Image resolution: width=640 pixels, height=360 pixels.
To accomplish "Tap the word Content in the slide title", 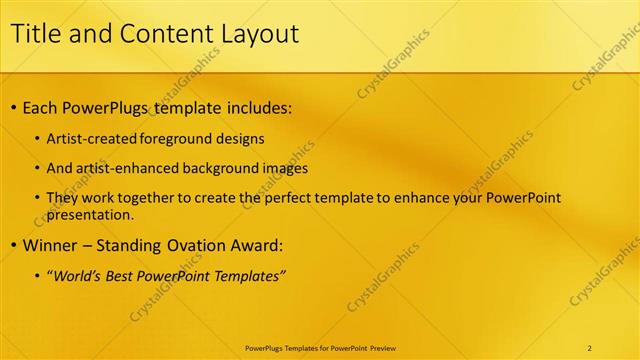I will (x=160, y=34).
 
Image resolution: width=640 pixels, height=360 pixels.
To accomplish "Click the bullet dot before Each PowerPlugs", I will (x=12, y=107).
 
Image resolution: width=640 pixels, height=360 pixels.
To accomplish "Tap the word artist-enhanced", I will (x=121, y=169).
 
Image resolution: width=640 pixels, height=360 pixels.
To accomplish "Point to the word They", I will (x=62, y=198).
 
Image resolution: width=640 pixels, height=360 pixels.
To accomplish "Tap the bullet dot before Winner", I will (x=12, y=245).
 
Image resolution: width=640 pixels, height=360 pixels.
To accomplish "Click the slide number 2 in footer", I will (x=590, y=348).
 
